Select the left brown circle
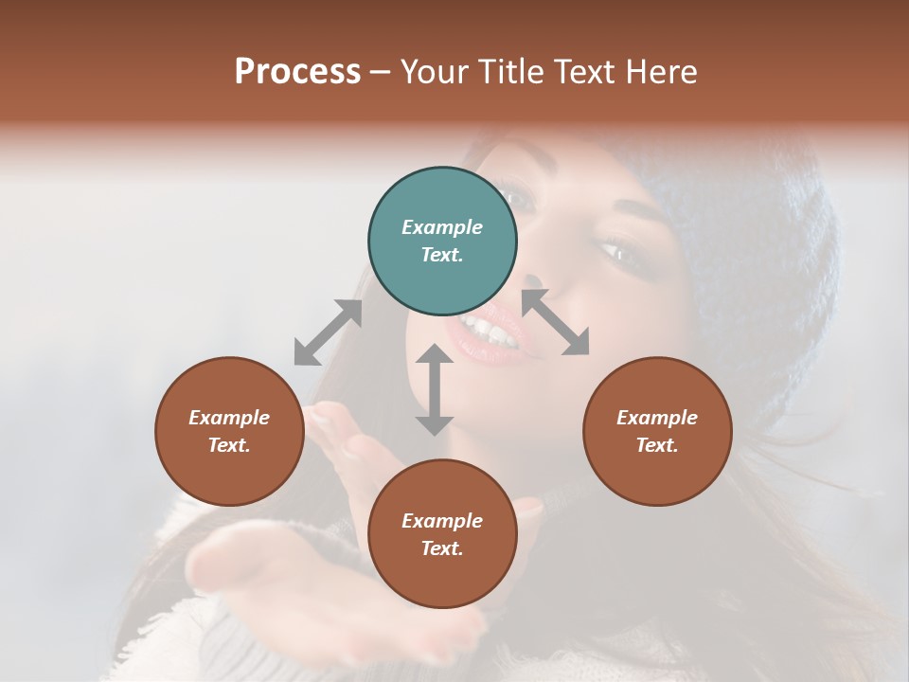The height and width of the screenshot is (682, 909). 229,431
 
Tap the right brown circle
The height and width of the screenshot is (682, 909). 657,431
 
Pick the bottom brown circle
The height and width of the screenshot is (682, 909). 442,534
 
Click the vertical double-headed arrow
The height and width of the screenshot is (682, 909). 435,389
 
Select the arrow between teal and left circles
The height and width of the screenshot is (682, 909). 328,332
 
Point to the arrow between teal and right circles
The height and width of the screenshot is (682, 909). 556,322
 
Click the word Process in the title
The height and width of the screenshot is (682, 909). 297,71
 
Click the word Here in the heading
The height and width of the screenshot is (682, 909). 663,71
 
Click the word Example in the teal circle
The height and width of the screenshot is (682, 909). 442,227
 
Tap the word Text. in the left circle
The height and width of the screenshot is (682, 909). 229,445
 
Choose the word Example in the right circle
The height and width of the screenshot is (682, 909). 657,418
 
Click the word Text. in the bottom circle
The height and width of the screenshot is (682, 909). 442,548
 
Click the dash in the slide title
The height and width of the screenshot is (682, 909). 381,71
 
